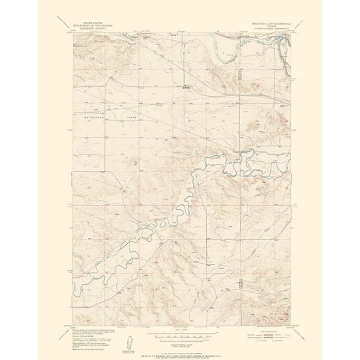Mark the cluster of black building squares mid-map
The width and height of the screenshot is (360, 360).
click(x=185, y=88)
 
